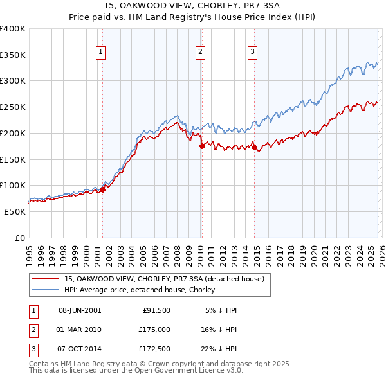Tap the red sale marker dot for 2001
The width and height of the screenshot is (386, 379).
click(102, 189)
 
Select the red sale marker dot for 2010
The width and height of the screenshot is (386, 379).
click(201, 146)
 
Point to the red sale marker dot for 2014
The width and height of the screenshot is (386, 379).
click(254, 147)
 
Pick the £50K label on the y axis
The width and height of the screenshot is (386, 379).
click(15, 211)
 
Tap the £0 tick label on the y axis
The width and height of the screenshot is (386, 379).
click(21, 238)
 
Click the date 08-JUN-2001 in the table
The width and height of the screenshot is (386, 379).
click(80, 310)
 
